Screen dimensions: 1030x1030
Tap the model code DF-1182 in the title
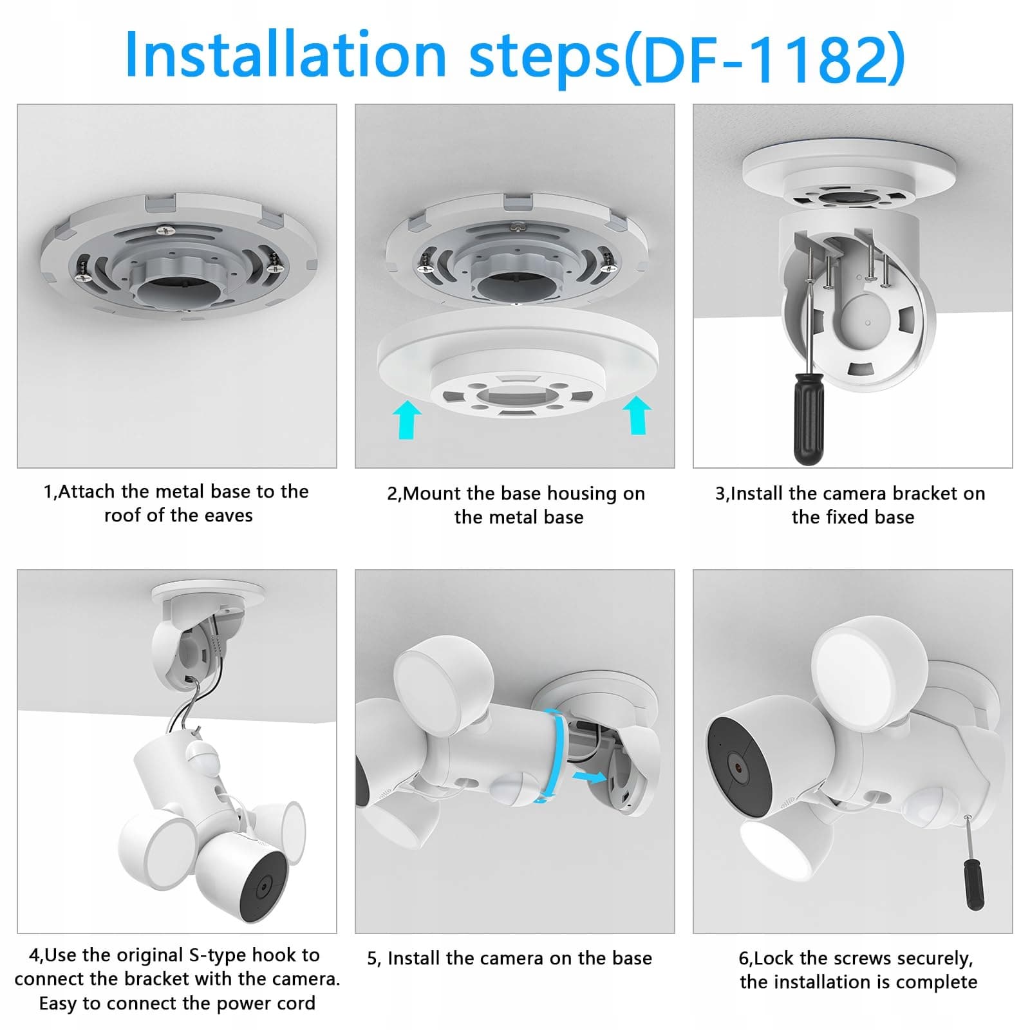click(763, 58)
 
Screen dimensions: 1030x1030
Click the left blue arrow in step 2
click(406, 419)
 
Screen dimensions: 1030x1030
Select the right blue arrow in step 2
click(637, 415)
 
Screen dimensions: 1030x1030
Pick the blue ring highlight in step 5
click(555, 755)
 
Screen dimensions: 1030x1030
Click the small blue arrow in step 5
click(589, 777)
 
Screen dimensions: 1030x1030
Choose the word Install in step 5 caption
click(415, 958)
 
